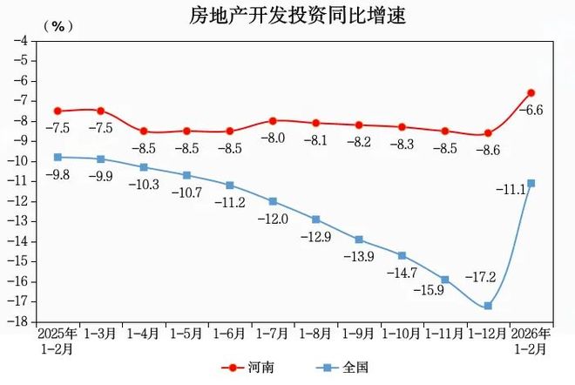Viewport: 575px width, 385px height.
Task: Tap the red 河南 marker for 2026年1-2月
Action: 531,92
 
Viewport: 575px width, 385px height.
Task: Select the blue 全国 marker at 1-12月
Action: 488,306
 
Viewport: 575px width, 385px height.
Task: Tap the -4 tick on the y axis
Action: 20,40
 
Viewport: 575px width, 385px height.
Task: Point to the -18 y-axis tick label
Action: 17,321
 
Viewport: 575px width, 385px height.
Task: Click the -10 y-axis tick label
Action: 17,161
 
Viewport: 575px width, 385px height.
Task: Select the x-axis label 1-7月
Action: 272,334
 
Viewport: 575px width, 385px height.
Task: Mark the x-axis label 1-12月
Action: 488,334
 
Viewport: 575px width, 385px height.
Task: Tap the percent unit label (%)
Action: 58,26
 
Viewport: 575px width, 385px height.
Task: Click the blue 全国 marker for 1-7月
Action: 273,201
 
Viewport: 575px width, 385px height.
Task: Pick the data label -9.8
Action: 58,174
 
